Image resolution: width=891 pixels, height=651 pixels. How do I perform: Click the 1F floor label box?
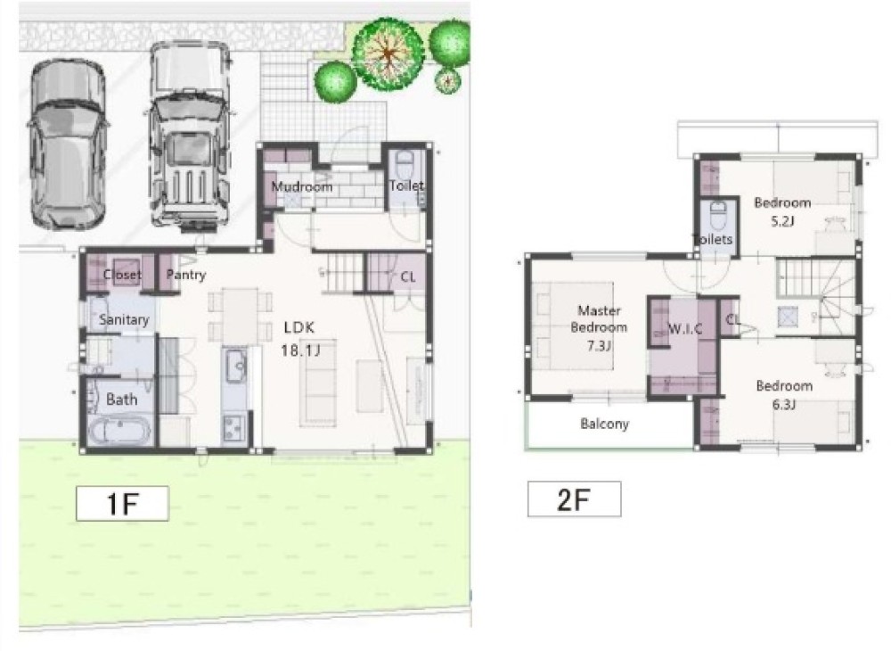coord(122,503)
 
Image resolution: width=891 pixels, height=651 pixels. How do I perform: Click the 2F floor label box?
coord(574,499)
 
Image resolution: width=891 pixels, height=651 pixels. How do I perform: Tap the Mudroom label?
coord(302,186)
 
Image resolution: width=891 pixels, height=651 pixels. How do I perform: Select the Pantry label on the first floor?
coord(186,276)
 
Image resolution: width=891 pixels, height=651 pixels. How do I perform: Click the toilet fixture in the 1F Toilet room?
coord(405,166)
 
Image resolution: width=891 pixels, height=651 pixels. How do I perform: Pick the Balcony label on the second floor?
coord(605,424)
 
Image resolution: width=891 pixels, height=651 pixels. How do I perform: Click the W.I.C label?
coord(684,329)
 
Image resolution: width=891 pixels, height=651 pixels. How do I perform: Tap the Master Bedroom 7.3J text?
coord(599,328)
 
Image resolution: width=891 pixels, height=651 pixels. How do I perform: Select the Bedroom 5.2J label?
coord(782,211)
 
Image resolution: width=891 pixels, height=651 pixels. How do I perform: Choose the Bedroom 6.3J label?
coord(784,394)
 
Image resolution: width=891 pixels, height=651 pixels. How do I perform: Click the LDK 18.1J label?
coord(300,338)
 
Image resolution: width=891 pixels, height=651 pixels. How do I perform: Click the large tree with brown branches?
coord(388,54)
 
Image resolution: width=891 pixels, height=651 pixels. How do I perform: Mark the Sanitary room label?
coord(124,320)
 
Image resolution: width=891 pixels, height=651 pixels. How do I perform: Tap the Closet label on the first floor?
coord(122,275)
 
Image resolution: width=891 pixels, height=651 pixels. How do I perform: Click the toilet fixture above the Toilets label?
coord(718,215)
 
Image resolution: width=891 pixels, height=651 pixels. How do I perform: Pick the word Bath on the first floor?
coord(121,400)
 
